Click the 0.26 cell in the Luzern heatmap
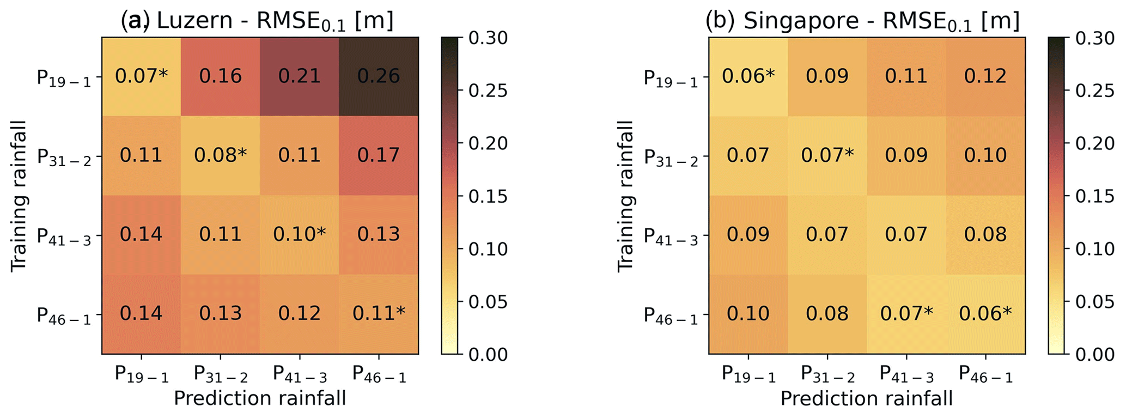click(x=379, y=76)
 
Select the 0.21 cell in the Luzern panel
click(x=300, y=76)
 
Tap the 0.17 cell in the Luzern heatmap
click(x=379, y=155)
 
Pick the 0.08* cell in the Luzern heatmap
click(x=220, y=155)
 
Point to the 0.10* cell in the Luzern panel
click(x=300, y=234)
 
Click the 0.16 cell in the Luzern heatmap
click(x=220, y=76)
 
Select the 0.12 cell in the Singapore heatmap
click(x=985, y=76)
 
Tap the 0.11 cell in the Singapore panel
click(x=906, y=76)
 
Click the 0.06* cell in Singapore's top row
click(x=748, y=76)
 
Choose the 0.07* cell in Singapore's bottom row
click(x=906, y=313)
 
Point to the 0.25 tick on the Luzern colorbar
click(x=488, y=90)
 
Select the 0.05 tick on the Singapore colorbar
click(x=1095, y=301)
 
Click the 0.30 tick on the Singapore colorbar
click(x=1095, y=38)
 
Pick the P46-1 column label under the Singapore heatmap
click(x=985, y=374)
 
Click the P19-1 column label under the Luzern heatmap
click(x=141, y=374)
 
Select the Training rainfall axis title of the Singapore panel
click(x=626, y=196)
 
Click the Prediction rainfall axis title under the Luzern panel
click(x=260, y=399)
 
